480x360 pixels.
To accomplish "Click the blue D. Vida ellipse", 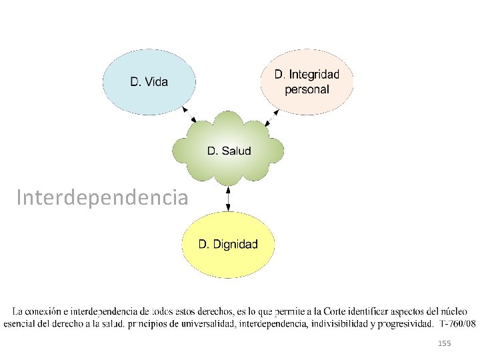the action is tap(149, 82).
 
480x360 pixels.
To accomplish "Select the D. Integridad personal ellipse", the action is tap(307, 82).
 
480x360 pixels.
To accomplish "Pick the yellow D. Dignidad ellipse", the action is tap(228, 244).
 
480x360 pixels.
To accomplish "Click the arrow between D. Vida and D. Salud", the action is tap(189, 115).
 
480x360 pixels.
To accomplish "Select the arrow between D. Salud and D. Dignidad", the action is tap(228, 197).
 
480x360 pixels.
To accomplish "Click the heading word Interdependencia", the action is tap(102, 198).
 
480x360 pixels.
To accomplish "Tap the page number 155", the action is tap(444, 343).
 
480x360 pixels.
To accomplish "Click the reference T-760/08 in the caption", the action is tap(457, 324).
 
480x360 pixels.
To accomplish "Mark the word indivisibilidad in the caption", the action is tap(342, 324).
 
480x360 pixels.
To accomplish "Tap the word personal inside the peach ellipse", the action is tap(307, 90).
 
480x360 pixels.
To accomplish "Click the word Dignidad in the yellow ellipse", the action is tap(235, 244).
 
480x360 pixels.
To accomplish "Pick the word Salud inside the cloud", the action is tap(236, 151).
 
